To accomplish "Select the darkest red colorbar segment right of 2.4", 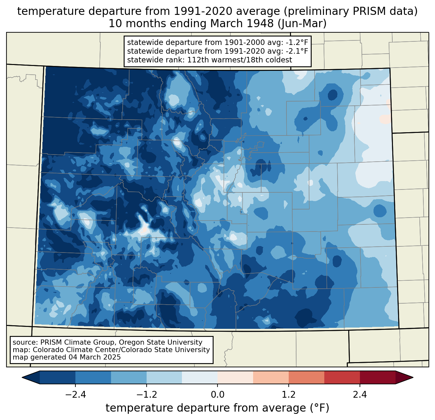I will [x=377, y=377].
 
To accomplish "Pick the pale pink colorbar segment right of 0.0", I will [x=235, y=377].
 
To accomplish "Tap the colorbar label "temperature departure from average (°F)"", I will [x=217, y=408].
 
